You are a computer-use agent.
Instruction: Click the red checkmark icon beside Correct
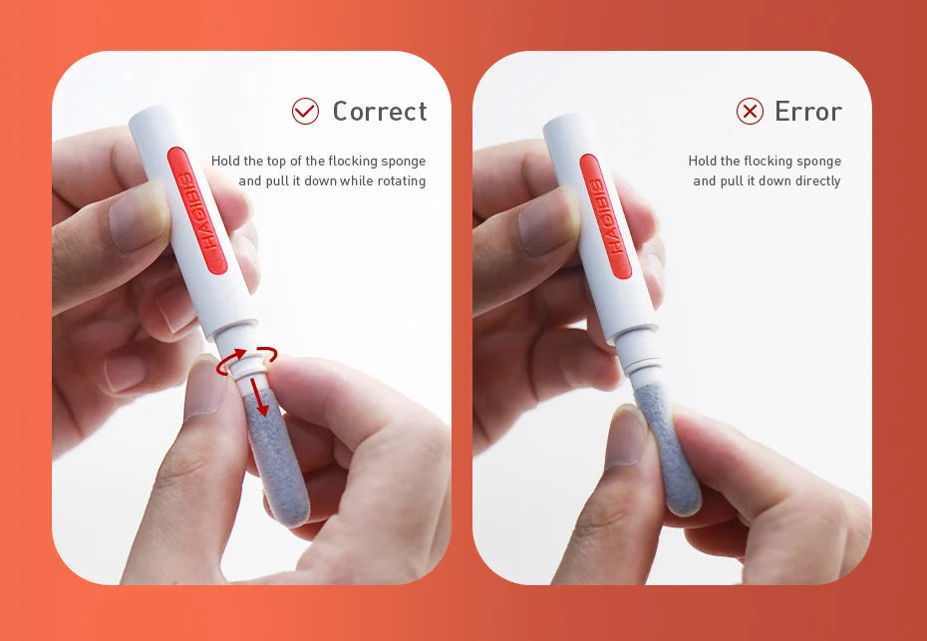tap(305, 111)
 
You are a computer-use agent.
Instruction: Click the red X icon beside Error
tap(750, 112)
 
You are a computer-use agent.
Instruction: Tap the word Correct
tap(380, 112)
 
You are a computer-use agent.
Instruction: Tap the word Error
tap(808, 112)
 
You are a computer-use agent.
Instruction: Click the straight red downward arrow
tap(259, 396)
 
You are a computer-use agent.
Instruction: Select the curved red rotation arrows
tap(246, 361)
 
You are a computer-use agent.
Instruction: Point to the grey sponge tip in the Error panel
tap(668, 450)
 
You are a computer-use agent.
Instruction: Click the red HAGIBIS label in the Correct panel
tap(197, 210)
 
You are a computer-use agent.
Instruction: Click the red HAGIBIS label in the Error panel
tap(605, 216)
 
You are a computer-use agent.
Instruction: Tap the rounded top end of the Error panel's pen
tap(559, 123)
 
